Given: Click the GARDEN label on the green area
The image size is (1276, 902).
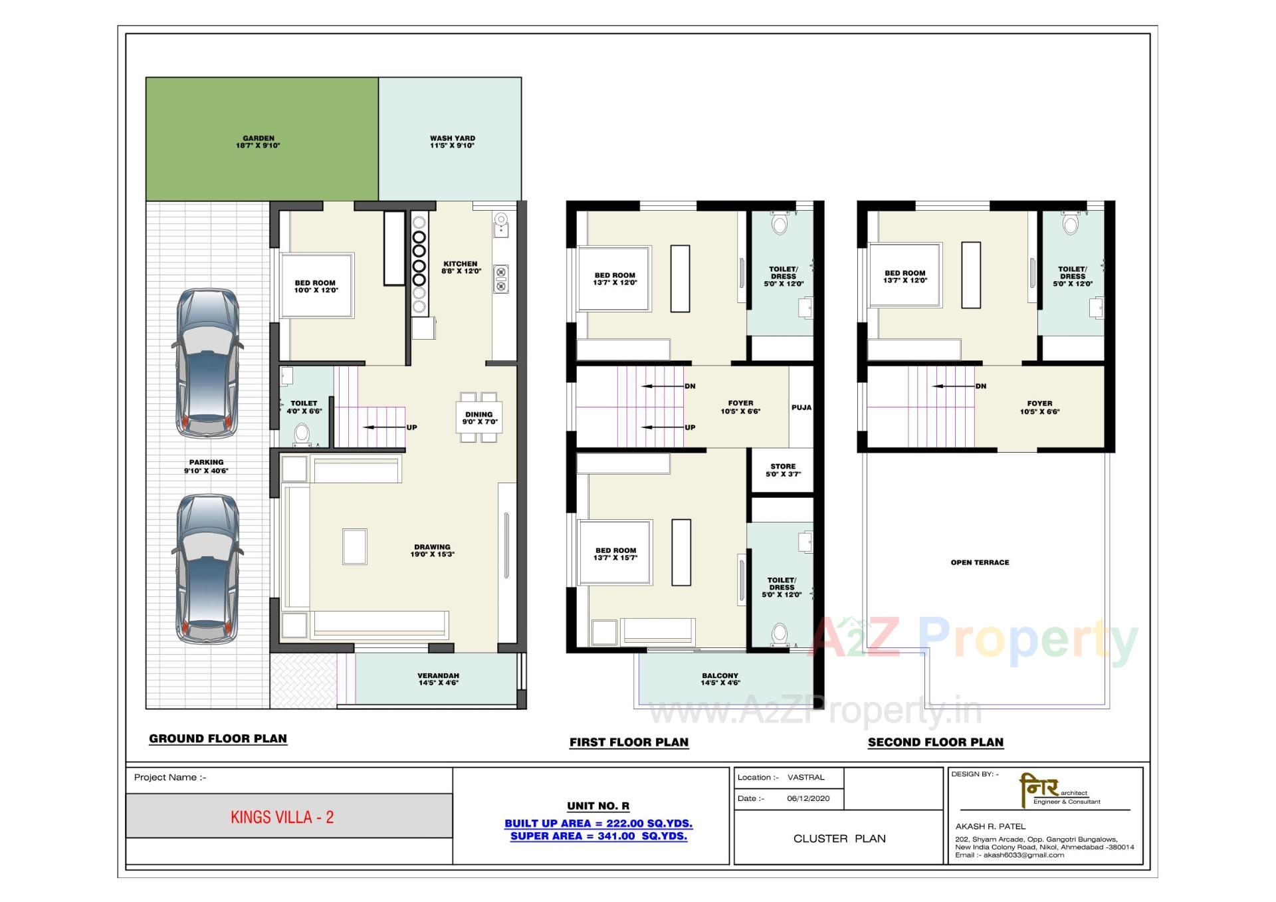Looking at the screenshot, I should (258, 138).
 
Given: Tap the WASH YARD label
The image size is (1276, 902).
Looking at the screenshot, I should (452, 138).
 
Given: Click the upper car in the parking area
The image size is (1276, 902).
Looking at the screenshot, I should (207, 363).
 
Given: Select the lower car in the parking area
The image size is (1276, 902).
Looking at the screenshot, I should (207, 569).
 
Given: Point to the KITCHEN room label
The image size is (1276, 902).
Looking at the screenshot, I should (460, 264).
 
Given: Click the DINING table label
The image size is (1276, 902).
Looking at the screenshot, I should (478, 415).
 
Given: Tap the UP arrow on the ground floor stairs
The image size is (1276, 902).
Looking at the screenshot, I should (385, 427).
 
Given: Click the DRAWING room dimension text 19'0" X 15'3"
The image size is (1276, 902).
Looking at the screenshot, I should (432, 554).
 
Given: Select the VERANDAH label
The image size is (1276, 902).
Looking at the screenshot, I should (438, 675).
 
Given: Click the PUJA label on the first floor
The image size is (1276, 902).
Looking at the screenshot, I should (801, 407).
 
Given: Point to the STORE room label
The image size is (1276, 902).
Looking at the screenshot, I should (783, 467).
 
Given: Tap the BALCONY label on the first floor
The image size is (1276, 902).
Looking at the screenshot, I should (720, 675).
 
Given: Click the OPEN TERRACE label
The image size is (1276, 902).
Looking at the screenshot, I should (980, 562).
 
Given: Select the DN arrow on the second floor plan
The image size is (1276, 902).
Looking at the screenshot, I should (957, 386).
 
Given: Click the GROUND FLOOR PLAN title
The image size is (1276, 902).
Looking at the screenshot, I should (218, 738).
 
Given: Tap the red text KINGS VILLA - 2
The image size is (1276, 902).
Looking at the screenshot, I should (282, 817).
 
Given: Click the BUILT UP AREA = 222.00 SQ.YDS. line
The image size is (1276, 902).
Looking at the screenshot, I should (598, 824).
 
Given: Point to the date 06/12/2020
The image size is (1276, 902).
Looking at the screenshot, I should (808, 798).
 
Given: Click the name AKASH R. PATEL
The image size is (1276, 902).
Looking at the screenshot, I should (990, 826).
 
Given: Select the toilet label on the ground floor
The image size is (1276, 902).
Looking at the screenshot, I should (304, 403).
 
